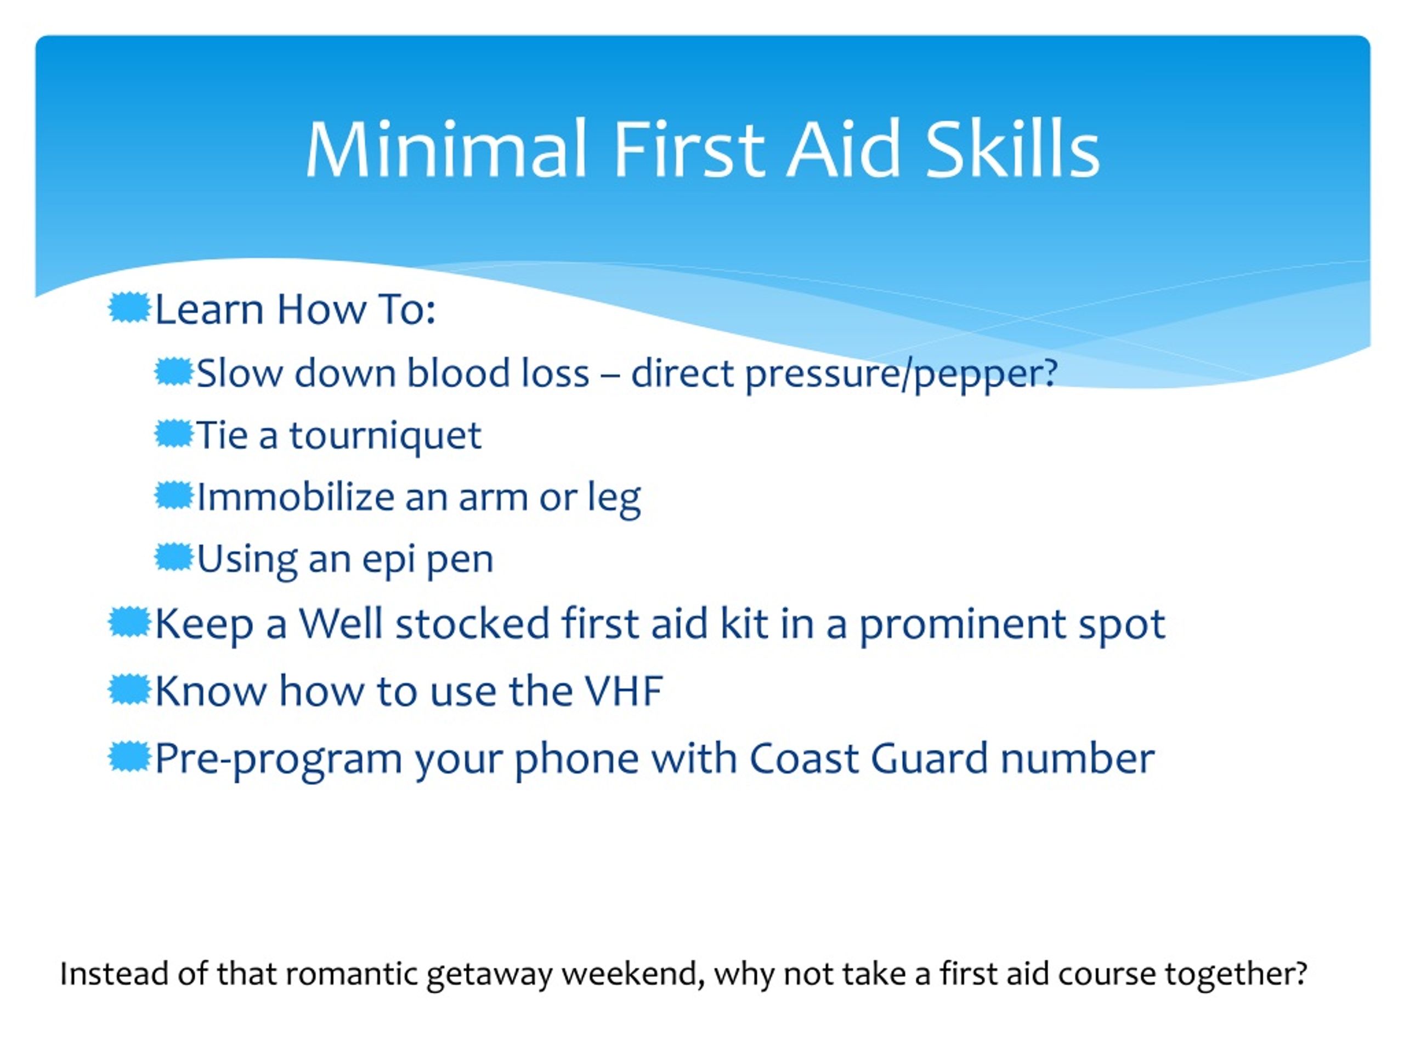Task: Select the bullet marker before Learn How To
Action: (x=129, y=307)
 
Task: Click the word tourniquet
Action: (x=385, y=435)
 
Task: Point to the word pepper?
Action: (x=986, y=374)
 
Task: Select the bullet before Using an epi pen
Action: (x=173, y=557)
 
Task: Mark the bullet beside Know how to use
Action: (x=129, y=689)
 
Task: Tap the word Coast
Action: (x=804, y=758)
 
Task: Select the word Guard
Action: (x=929, y=758)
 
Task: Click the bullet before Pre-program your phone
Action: (x=129, y=757)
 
